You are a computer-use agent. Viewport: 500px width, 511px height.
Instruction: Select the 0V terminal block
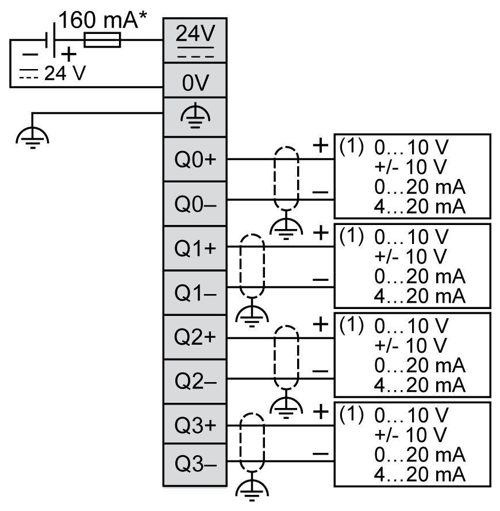[194, 84]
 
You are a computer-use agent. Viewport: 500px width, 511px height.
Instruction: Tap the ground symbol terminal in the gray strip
[194, 116]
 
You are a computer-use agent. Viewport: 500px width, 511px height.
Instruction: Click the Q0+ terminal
[194, 159]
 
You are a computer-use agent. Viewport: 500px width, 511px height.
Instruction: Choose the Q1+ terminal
[194, 248]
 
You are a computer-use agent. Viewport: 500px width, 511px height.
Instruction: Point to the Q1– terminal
[194, 292]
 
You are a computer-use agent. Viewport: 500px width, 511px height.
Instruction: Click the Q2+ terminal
[194, 337]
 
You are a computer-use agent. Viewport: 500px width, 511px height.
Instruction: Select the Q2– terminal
[194, 381]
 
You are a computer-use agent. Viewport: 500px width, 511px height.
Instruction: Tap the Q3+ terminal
[194, 425]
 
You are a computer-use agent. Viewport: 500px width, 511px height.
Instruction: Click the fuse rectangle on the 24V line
[102, 40]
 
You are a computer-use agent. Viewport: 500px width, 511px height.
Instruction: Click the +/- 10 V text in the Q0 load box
[410, 167]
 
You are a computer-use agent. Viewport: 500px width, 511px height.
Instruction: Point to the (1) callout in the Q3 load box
[352, 413]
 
